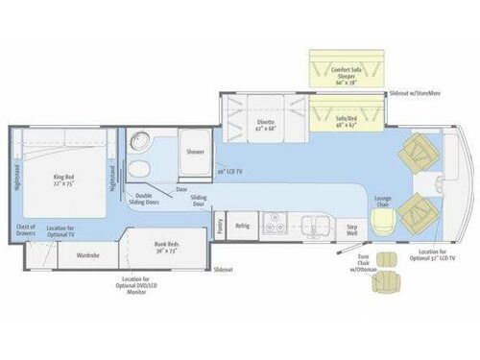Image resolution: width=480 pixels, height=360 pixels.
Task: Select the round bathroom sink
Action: click(x=142, y=144)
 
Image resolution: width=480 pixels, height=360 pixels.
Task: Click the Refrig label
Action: click(x=243, y=227)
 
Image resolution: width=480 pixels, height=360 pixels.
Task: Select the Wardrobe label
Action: click(x=88, y=256)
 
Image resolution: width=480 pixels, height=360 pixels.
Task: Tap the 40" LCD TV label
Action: click(x=228, y=171)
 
